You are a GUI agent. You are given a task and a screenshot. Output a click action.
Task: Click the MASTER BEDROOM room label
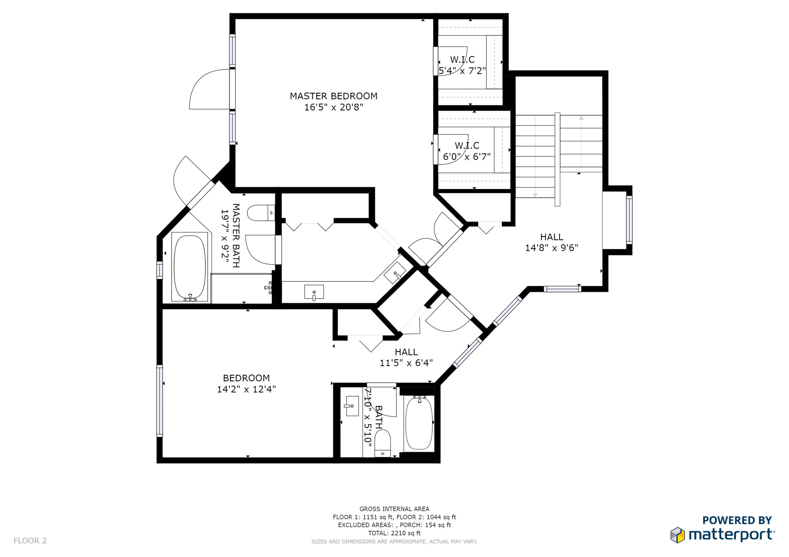coord(333,96)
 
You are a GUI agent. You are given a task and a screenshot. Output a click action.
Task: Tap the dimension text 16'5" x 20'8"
coord(333,107)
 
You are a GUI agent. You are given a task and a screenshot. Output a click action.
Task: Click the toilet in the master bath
coord(260,213)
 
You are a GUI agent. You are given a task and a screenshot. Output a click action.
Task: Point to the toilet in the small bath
coord(382,443)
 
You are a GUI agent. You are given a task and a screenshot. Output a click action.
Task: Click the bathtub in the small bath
coord(419,424)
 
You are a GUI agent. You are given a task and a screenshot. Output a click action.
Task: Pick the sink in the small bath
coord(352,406)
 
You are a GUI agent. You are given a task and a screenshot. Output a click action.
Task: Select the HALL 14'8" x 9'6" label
coord(552,242)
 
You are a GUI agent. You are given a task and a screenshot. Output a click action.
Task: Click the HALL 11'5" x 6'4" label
coord(406,357)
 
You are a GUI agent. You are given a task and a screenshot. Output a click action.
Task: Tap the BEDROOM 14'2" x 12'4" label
coord(246,383)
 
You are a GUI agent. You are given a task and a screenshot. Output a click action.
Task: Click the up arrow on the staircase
coord(581,118)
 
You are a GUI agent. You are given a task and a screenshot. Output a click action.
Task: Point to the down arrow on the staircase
coord(535,195)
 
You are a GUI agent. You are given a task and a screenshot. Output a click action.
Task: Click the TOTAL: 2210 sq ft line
coord(394,533)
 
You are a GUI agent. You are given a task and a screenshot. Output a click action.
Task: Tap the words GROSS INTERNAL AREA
coord(394,509)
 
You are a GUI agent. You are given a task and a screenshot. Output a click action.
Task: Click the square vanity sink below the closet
coord(314,292)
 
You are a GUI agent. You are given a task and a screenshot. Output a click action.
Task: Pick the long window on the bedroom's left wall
coord(159,401)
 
